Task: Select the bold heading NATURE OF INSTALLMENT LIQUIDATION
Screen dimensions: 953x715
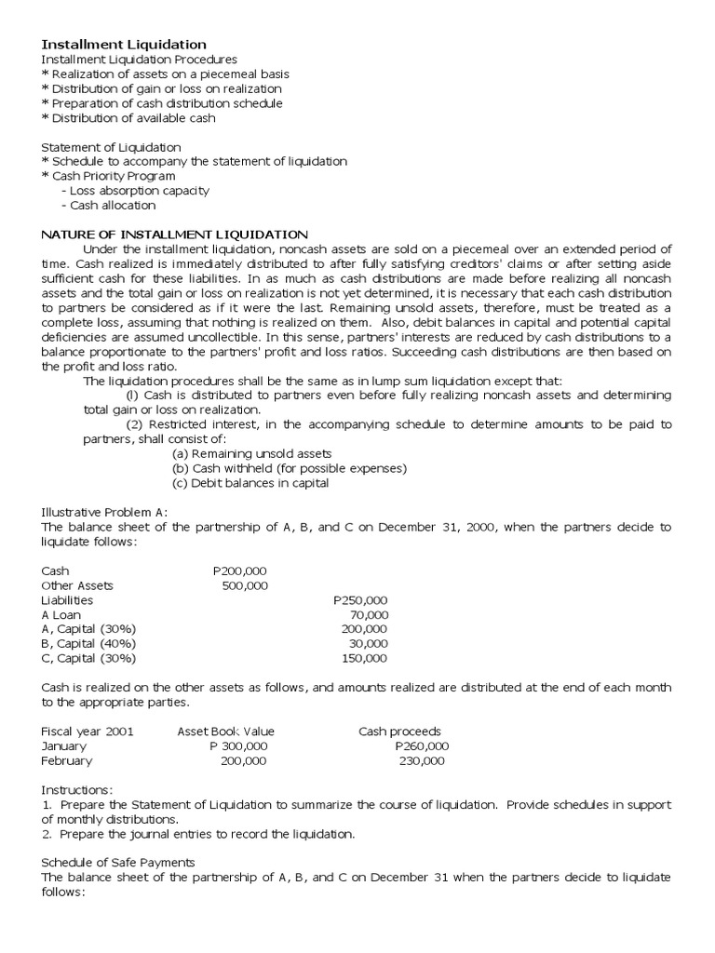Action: point(174,234)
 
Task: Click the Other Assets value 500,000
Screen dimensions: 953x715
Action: point(245,585)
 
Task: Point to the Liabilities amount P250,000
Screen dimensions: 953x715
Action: point(360,600)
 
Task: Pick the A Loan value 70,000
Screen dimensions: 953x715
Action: point(370,615)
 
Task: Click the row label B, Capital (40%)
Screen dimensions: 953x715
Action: point(88,643)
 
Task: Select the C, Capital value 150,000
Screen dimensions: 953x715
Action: point(365,658)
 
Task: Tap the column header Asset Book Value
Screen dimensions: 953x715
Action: point(225,731)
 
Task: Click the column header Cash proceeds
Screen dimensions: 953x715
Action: point(399,731)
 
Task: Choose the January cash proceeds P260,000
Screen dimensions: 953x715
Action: point(422,745)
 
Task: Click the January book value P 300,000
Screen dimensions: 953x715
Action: point(239,745)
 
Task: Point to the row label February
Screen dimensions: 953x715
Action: point(67,760)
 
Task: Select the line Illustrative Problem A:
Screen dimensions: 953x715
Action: point(104,512)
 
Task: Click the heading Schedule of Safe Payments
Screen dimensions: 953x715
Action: point(118,863)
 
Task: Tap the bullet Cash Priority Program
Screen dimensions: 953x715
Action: point(108,176)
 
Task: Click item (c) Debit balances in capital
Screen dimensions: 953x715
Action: point(250,483)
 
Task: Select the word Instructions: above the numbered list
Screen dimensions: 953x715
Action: point(77,789)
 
